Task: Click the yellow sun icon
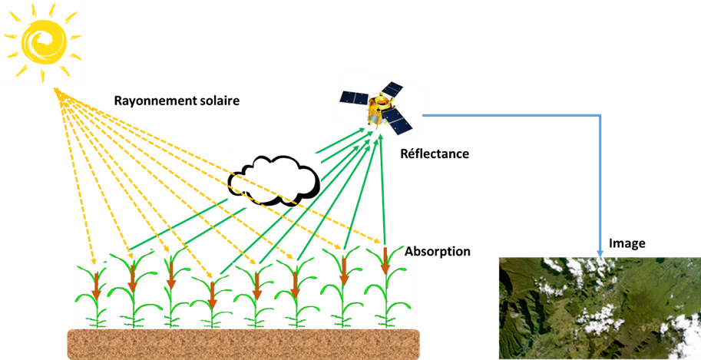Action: (x=41, y=42)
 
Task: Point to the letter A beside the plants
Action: (x=408, y=251)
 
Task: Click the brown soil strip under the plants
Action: (x=243, y=343)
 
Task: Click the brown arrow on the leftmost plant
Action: (x=97, y=289)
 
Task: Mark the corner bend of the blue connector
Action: (x=600, y=116)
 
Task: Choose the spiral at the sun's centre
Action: (x=40, y=37)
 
